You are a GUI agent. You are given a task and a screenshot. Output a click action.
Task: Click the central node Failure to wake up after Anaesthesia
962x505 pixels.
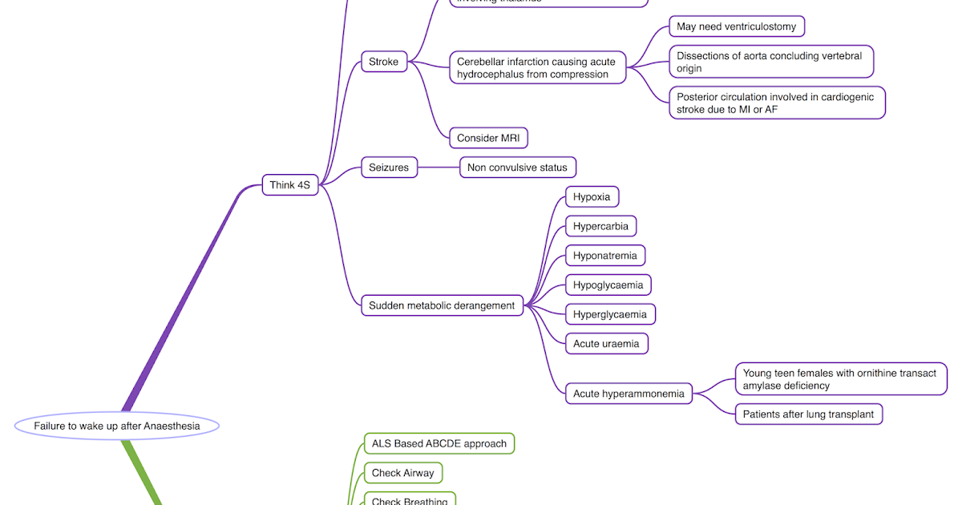(x=116, y=426)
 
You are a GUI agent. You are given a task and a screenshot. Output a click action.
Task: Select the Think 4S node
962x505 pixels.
(x=289, y=185)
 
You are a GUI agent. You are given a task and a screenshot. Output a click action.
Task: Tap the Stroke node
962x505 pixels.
(x=383, y=62)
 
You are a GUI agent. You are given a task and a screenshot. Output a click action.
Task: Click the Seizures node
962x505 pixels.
(x=389, y=168)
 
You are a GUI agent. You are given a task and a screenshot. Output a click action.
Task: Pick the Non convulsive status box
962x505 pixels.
(x=517, y=168)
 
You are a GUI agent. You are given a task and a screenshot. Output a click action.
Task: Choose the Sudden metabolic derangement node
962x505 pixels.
(x=442, y=305)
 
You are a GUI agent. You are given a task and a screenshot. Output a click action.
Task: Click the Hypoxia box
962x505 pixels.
(x=592, y=196)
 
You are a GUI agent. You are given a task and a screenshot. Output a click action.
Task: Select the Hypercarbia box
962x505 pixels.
(x=600, y=226)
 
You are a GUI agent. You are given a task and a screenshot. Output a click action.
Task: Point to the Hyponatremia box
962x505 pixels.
(x=604, y=256)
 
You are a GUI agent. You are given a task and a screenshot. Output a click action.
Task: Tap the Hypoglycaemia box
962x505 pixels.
(x=608, y=285)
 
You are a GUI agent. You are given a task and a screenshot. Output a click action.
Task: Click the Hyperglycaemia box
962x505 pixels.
(x=610, y=314)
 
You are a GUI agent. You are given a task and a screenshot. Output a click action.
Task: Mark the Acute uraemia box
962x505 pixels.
(x=606, y=344)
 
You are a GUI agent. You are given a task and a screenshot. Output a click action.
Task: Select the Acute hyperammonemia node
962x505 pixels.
(x=629, y=394)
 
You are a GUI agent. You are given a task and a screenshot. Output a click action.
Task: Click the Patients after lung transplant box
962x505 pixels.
(x=808, y=414)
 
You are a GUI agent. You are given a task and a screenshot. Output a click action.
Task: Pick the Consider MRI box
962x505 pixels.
(x=488, y=138)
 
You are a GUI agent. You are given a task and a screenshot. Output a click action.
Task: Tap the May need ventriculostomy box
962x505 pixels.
(x=736, y=26)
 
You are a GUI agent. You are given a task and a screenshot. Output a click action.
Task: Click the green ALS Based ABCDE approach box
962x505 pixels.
(x=439, y=443)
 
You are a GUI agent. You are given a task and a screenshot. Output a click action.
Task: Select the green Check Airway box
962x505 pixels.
(x=402, y=473)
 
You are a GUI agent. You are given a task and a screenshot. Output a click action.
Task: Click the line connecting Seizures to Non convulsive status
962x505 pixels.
(x=439, y=168)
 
